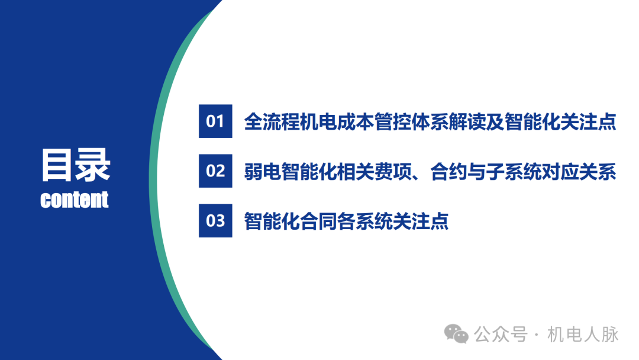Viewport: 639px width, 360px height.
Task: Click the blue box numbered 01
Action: coord(215,121)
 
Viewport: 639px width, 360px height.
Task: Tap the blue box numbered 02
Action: coord(215,171)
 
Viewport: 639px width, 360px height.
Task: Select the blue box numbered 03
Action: coord(215,221)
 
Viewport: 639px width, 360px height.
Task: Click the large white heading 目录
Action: coord(75,165)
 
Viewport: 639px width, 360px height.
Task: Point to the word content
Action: coord(75,200)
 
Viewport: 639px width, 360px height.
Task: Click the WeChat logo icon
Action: coord(457,334)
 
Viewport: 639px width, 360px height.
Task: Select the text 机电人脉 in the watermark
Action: coord(583,335)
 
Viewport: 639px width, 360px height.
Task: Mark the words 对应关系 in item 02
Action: coord(580,172)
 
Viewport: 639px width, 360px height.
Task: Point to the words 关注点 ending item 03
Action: coord(421,221)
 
